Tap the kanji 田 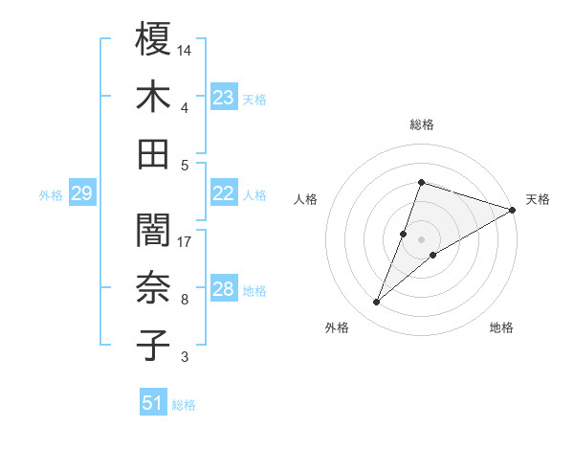pos(154,153)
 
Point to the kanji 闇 pos(154,231)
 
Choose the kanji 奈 pos(154,288)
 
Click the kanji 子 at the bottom pos(154,346)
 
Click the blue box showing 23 pos(224,97)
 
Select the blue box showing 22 pos(224,193)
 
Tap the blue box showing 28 pos(224,289)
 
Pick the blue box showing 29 pos(81,193)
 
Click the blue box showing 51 pos(153,403)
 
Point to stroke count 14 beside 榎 pos(186,49)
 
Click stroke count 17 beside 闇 pos(186,241)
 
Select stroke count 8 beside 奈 pos(184,300)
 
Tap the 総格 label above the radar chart pos(421,124)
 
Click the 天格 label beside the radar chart pos(538,199)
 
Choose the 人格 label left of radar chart pos(305,199)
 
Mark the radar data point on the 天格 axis pos(513,210)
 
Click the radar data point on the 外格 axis pos(376,303)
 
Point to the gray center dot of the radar pos(421,239)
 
